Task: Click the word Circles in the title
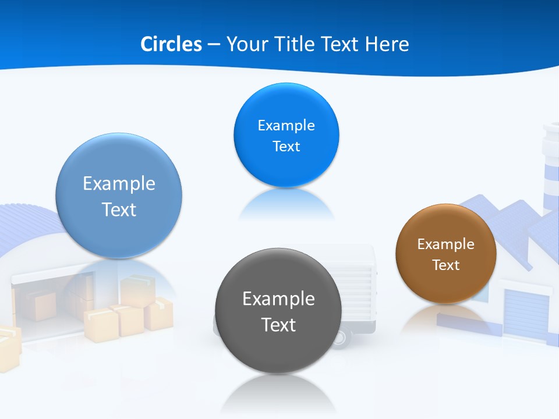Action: pos(171,44)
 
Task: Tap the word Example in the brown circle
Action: pos(445,244)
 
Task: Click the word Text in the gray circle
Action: pos(278,325)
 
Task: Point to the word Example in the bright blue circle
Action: pos(286,126)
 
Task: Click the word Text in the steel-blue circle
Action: pos(119,210)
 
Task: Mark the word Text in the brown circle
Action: pos(445,265)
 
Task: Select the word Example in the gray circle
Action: pos(278,299)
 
